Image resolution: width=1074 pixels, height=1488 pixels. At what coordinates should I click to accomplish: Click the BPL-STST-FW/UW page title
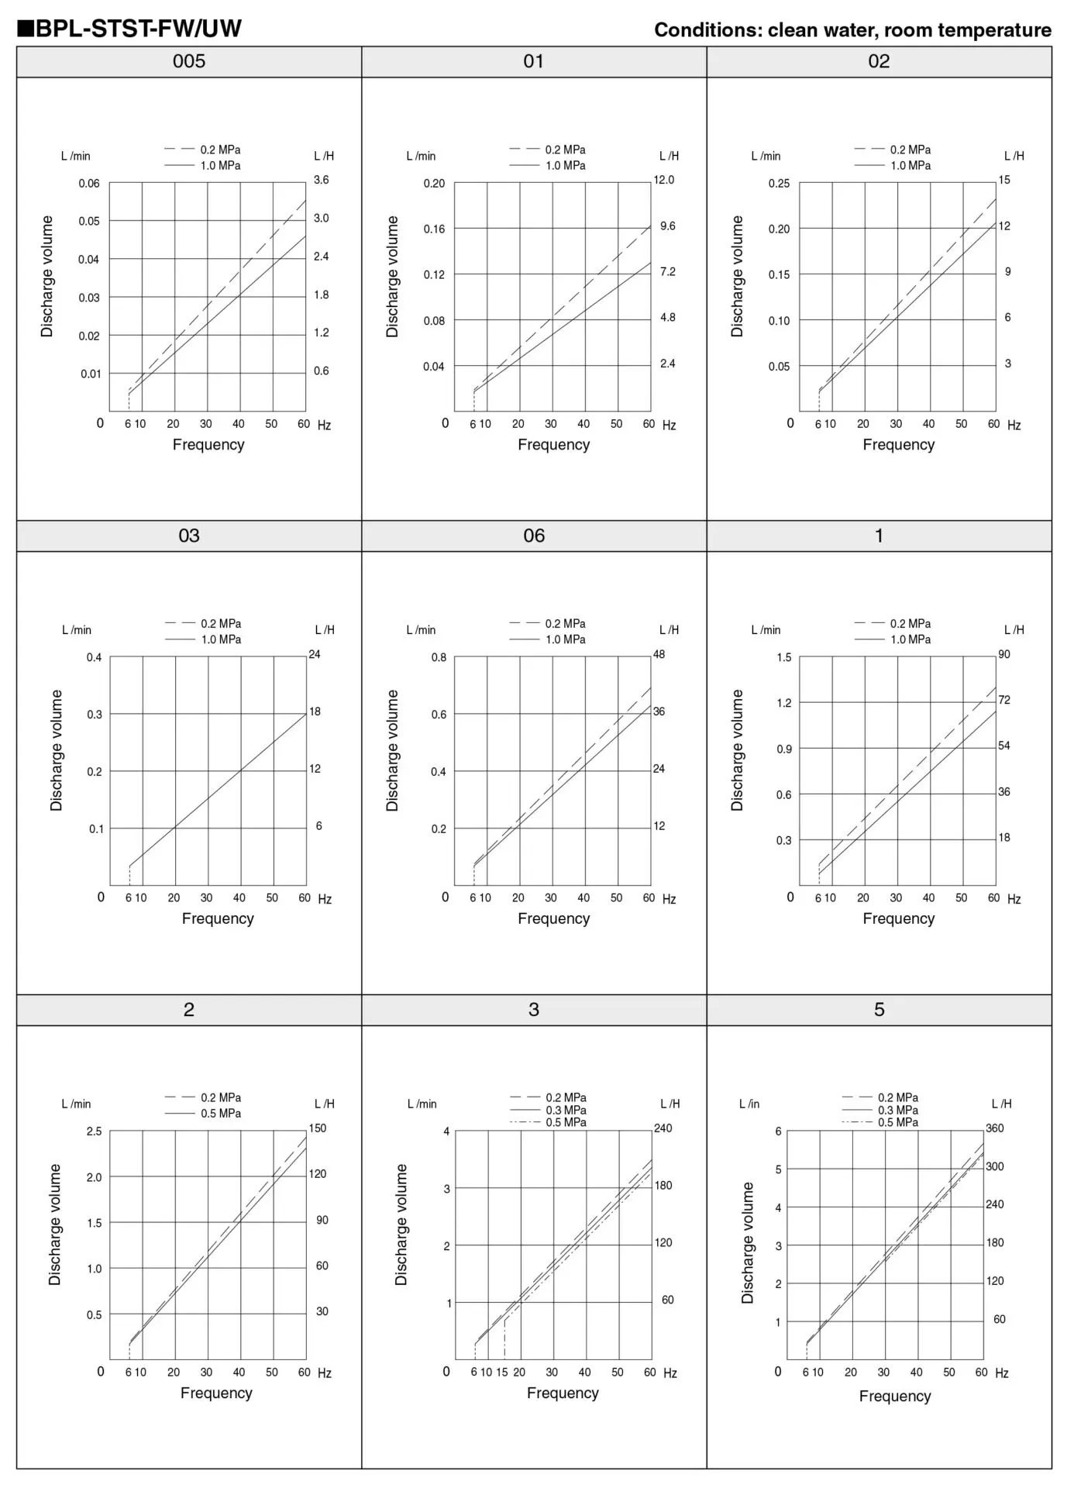pos(129,29)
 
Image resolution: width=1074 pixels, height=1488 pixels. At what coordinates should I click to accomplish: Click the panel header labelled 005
pos(189,62)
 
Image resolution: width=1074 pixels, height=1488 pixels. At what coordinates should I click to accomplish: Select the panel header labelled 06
pos(534,536)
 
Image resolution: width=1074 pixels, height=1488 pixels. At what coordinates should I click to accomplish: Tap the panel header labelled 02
pos(879,62)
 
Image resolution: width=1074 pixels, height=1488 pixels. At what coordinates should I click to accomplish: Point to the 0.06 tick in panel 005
pos(89,184)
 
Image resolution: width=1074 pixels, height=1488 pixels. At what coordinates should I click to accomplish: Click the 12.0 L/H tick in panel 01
pos(664,180)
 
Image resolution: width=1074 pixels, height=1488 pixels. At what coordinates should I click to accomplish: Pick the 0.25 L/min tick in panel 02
pos(779,184)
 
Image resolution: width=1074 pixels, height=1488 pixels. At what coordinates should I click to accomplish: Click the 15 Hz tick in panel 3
pos(502,1372)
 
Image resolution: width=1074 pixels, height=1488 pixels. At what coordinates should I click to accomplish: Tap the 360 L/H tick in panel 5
pos(994,1128)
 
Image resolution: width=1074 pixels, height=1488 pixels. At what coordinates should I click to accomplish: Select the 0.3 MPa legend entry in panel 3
pos(566,1110)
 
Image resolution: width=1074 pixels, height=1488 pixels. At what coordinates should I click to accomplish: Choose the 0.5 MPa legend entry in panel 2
pos(221,1113)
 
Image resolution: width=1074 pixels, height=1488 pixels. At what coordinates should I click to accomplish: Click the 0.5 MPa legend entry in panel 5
pos(898,1122)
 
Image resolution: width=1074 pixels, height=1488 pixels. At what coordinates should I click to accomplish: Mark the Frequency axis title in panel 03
pos(218,918)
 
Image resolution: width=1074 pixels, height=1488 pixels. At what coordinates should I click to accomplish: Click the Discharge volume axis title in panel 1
pos(737,750)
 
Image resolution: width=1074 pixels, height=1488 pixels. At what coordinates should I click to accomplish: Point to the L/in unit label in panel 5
pos(749,1104)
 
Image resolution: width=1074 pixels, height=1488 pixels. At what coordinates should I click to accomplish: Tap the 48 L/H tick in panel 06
pos(659,654)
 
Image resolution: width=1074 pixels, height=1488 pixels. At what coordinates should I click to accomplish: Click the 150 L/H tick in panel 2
pos(318,1128)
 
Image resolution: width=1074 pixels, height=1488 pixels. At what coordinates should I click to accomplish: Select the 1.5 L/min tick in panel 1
pos(784,658)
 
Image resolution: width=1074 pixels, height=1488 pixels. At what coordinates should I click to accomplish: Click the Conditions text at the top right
pos(852,30)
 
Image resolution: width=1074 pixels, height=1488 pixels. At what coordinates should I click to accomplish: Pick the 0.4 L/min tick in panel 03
pos(94,658)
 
